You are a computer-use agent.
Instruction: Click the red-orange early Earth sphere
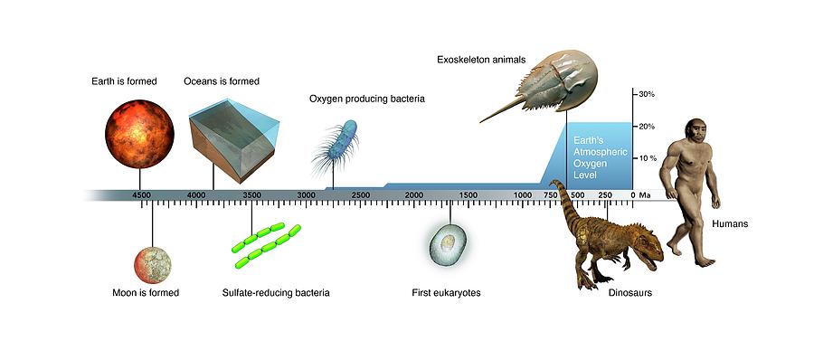pos(139,134)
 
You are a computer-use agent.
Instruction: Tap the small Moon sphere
pos(152,265)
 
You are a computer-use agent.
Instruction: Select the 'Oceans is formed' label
pos(222,81)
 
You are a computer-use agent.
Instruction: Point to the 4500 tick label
pos(141,195)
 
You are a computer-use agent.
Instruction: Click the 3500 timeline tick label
pos(251,195)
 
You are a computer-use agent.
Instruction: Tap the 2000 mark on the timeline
pos(413,195)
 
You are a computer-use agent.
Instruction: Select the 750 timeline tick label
pos(550,195)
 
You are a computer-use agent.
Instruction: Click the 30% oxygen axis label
pos(647,95)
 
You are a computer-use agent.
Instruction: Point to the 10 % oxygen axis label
pos(648,158)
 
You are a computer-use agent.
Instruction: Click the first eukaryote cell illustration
pos(448,244)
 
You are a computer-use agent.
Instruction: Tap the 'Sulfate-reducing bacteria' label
pos(276,293)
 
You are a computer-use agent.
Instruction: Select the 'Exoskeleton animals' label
pos(481,60)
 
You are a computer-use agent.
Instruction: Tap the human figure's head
pos(696,131)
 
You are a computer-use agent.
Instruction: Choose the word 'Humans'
pos(730,224)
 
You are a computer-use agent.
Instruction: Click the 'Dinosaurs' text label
pos(630,293)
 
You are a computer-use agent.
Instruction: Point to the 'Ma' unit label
pos(645,195)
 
